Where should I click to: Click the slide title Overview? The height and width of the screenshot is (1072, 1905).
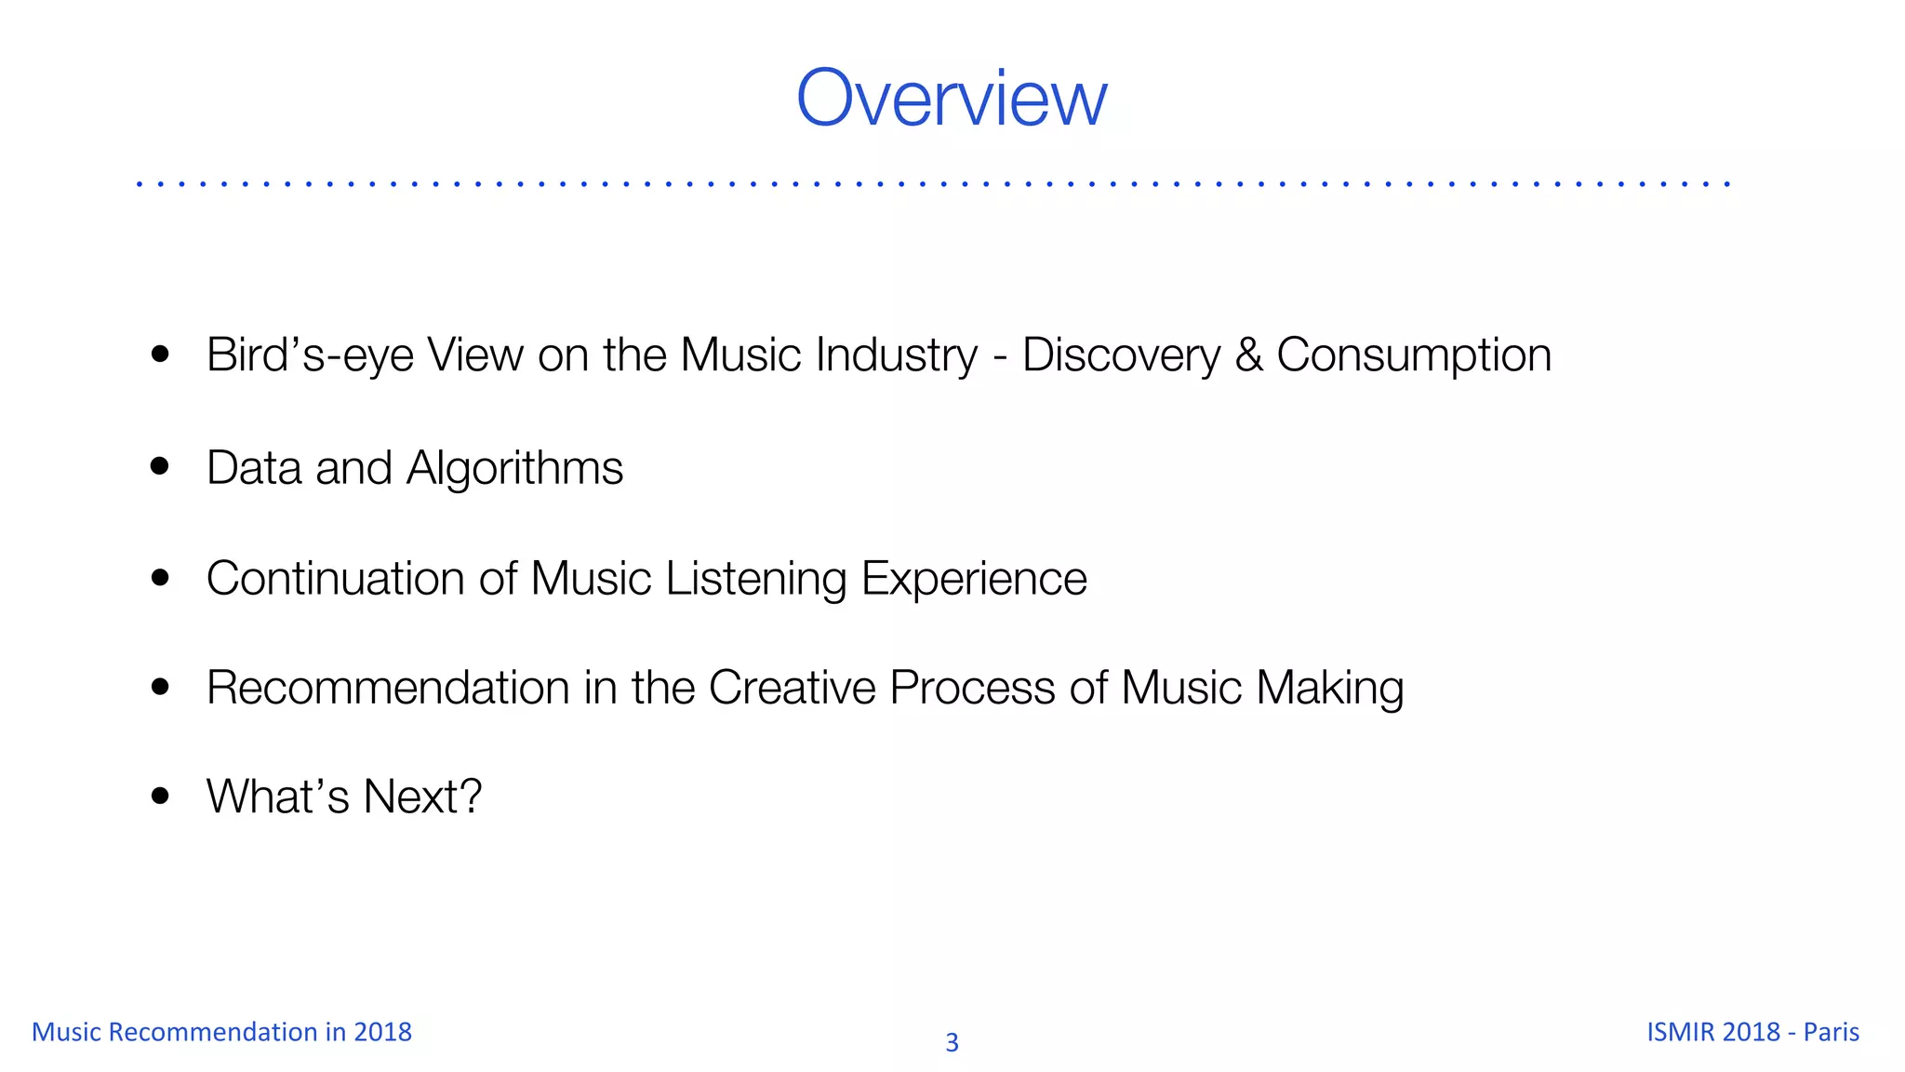[952, 98]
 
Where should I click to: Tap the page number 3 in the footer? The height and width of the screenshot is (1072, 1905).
[952, 1042]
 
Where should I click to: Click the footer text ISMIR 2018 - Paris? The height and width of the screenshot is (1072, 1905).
[1752, 1032]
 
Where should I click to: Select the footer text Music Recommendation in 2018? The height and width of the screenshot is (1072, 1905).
[221, 1032]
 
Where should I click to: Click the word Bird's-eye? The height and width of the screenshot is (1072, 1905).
[310, 355]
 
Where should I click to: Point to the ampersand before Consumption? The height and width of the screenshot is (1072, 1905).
[1248, 355]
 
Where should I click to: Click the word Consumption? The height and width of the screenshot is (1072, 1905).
[1414, 355]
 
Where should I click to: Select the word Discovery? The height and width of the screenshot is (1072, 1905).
[1121, 355]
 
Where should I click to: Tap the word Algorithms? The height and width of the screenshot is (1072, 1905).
[514, 467]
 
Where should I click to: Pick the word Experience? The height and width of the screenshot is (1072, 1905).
[974, 578]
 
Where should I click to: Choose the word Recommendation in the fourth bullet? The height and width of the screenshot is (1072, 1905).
[388, 688]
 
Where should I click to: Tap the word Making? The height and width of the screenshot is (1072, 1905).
[1329, 688]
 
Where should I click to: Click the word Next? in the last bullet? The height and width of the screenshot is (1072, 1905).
[422, 797]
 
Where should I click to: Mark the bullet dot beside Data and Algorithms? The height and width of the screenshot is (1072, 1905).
[160, 465]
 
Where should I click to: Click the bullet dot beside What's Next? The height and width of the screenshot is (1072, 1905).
[160, 796]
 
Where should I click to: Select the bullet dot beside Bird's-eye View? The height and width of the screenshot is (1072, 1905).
[160, 354]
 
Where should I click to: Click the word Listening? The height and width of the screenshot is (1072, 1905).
[755, 578]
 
